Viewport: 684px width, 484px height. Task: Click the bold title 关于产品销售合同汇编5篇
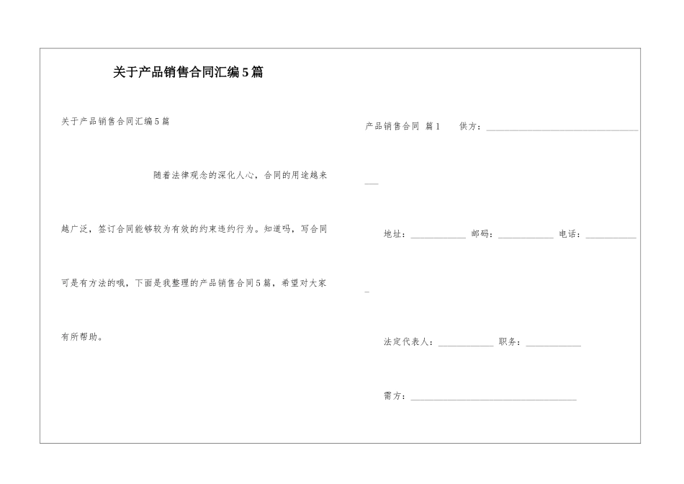point(188,73)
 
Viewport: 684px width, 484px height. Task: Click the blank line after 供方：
point(562,129)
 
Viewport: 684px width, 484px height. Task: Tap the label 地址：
point(395,234)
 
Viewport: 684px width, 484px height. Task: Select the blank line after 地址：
point(438,236)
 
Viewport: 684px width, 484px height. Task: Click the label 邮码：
point(482,234)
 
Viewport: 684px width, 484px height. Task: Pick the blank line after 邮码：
point(526,236)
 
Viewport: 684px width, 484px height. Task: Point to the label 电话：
point(570,234)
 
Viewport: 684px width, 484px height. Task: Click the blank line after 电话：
point(611,236)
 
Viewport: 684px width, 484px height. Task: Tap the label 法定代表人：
point(409,342)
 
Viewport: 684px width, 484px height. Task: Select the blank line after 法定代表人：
point(466,345)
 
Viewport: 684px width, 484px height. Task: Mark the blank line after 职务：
point(553,345)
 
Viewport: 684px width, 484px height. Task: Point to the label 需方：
point(395,396)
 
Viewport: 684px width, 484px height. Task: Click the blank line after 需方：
point(493,398)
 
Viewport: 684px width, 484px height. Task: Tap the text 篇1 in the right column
point(433,127)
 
